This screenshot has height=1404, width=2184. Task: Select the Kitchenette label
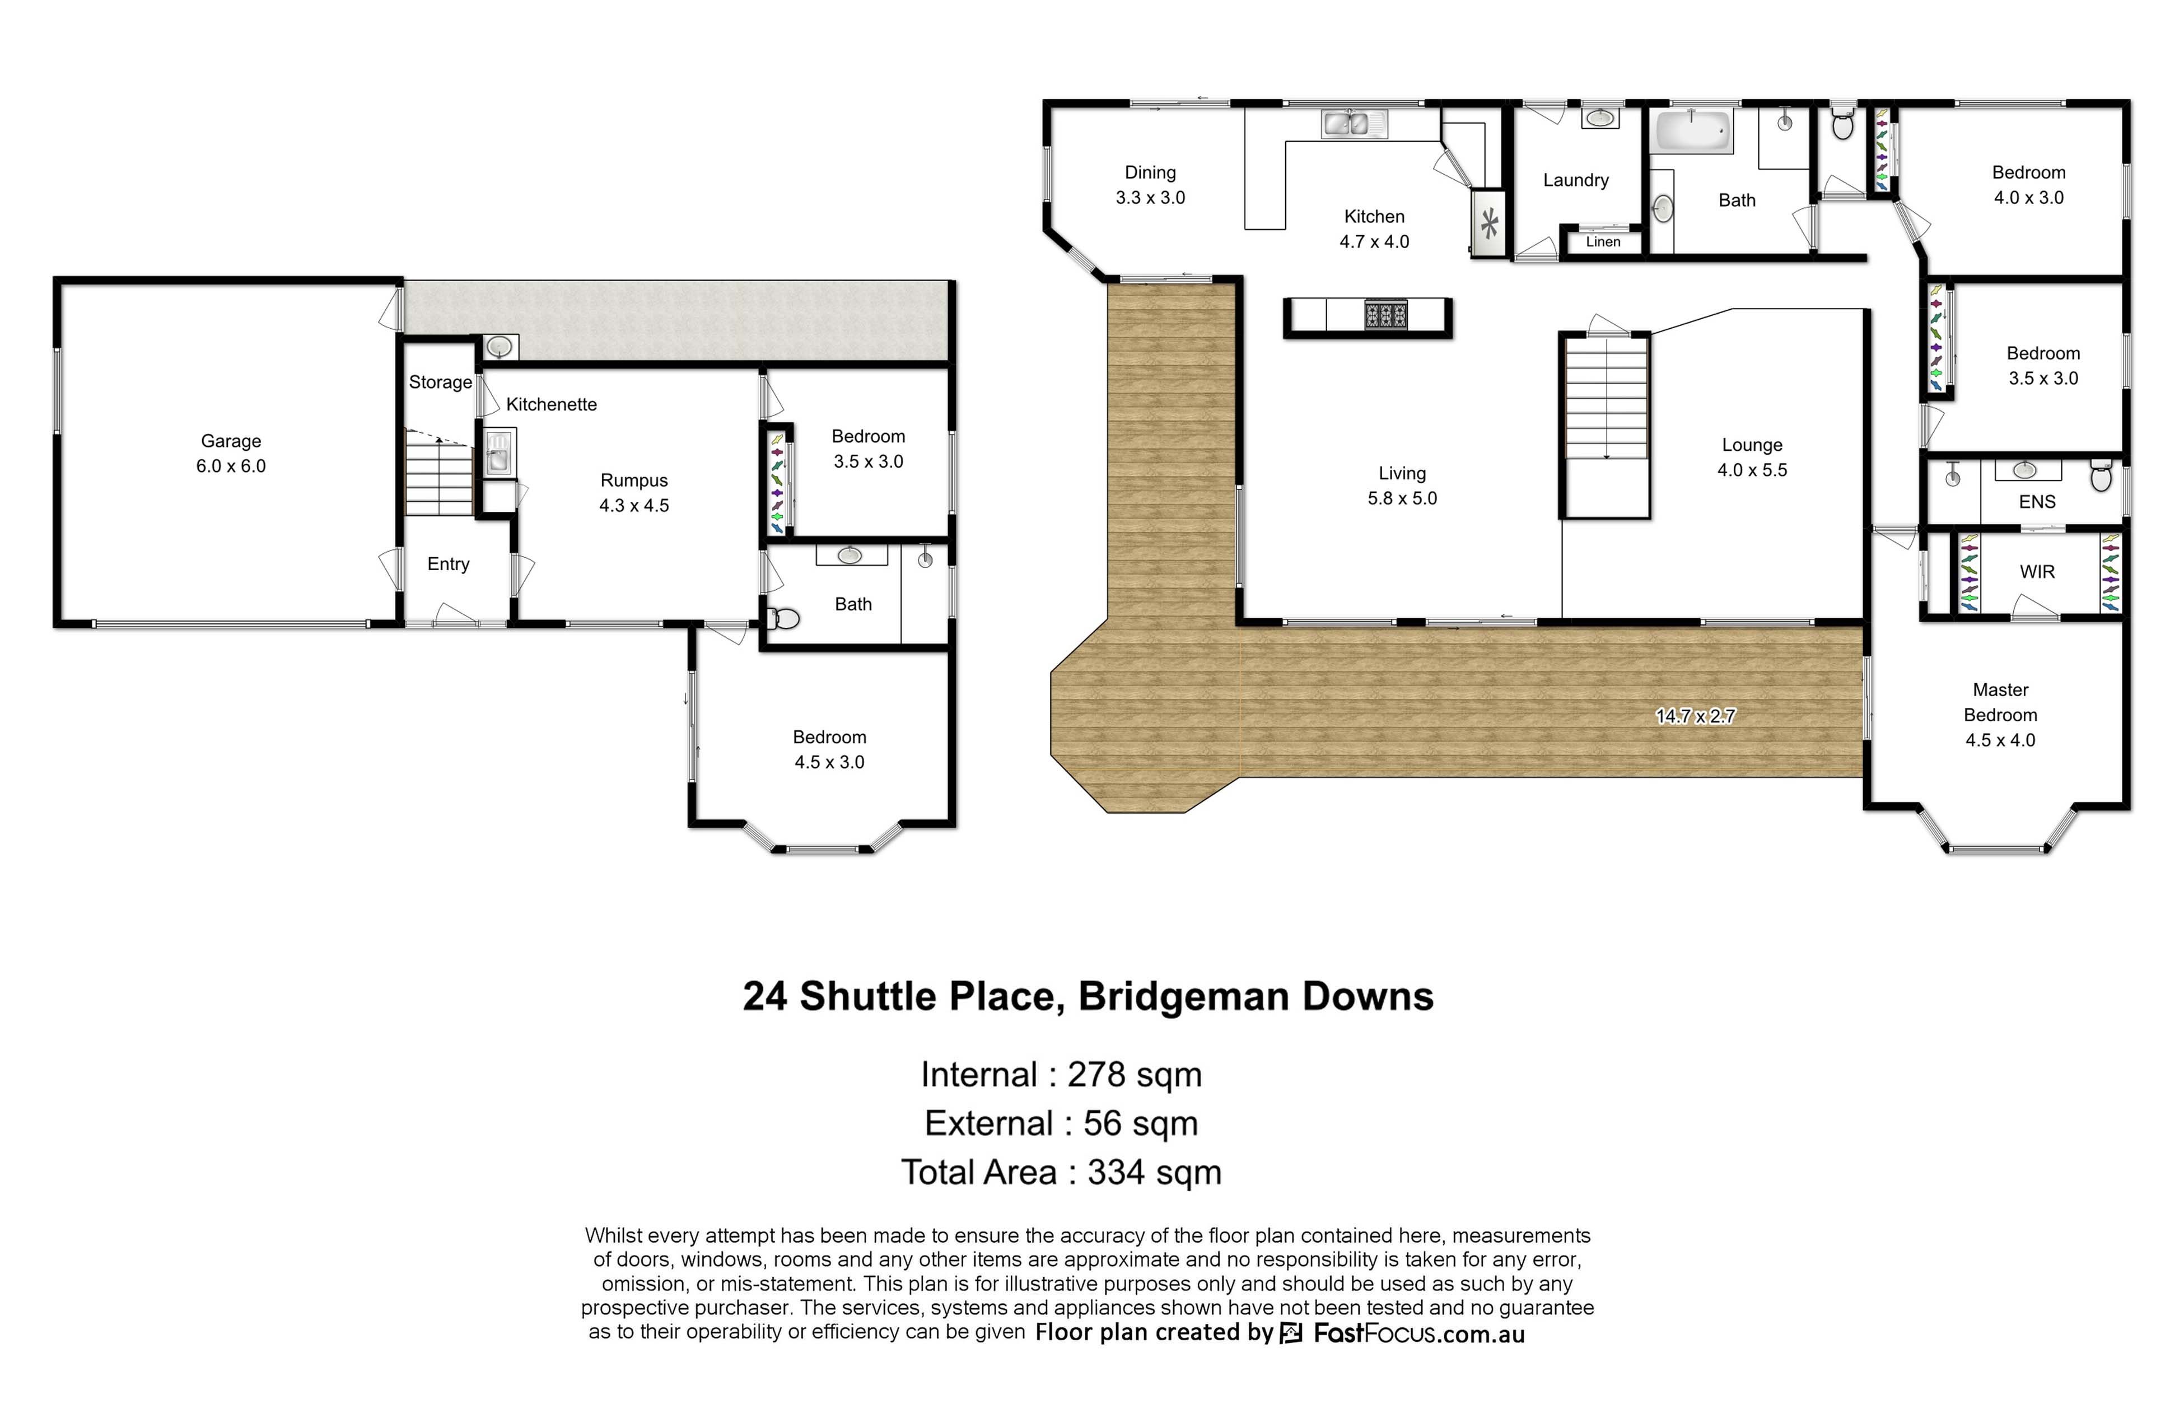click(x=552, y=404)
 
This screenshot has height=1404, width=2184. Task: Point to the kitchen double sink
click(x=1354, y=123)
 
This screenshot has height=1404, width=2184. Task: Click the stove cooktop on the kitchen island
click(x=1385, y=315)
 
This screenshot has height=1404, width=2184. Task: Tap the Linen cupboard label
click(x=1603, y=241)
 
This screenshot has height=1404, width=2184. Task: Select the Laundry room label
click(x=1575, y=180)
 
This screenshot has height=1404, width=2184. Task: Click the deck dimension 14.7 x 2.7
click(x=1695, y=716)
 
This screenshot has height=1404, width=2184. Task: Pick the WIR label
click(x=2036, y=572)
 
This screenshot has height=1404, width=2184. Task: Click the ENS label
click(x=2036, y=501)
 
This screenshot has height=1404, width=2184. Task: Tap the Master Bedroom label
click(x=2000, y=715)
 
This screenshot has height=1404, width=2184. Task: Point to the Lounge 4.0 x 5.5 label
click(x=1752, y=457)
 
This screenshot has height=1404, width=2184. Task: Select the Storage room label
click(x=440, y=382)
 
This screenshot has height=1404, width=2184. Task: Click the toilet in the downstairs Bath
click(x=782, y=619)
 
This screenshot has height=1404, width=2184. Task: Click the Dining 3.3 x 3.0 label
click(x=1150, y=184)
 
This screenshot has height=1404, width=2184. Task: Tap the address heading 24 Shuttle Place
click(x=1088, y=996)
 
